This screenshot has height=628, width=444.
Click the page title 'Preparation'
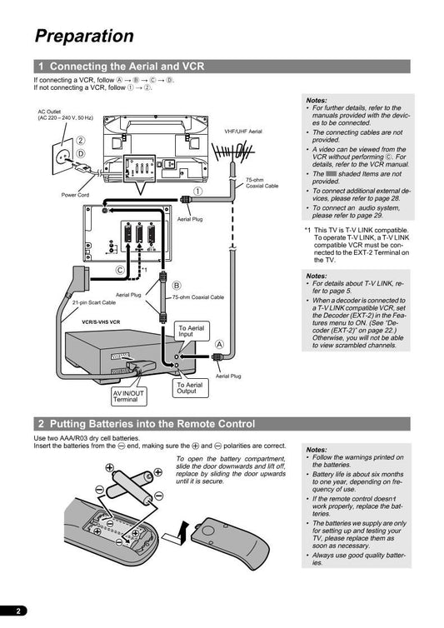[x=84, y=36]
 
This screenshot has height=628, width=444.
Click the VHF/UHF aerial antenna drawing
[x=232, y=152]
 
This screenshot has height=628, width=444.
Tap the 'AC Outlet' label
[x=49, y=112]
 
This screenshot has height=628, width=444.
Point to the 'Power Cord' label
[x=75, y=195]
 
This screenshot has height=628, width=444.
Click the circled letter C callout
[x=120, y=270]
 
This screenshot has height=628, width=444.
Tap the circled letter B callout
[x=177, y=286]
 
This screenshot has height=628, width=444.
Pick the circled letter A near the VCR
[x=219, y=345]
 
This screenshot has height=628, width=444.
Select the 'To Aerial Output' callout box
[x=190, y=388]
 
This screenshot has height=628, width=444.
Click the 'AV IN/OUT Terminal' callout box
[x=128, y=396]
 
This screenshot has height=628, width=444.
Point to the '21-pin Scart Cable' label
[x=94, y=303]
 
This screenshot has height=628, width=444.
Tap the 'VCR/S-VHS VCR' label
[x=101, y=322]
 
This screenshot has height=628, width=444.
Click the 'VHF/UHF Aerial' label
[x=243, y=132]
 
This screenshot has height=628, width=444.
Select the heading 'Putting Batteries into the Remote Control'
[x=152, y=424]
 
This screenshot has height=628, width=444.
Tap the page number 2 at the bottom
[x=18, y=611]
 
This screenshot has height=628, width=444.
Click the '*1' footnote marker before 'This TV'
[x=307, y=230]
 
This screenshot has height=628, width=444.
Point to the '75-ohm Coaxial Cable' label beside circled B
[x=198, y=297]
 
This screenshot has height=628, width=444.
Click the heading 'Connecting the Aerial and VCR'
[x=127, y=66]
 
